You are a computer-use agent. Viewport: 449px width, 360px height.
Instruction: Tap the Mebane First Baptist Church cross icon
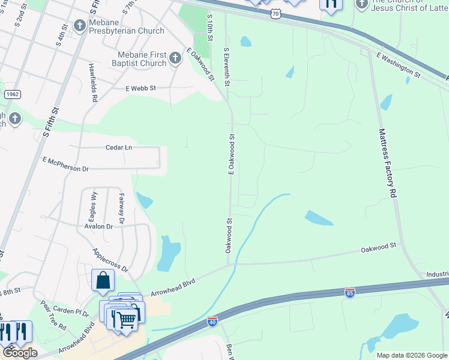pos(175,58)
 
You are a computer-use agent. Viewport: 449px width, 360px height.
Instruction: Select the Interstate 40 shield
pos(212,321)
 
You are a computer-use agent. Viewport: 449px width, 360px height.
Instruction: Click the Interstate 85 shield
pos(350,292)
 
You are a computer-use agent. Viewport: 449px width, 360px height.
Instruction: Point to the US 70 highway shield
pos(275,13)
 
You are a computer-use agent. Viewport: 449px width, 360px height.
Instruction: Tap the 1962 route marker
pos(12,95)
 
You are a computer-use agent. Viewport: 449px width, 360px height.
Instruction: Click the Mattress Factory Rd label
pos(387,162)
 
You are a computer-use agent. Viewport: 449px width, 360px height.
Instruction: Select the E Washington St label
pos(399,65)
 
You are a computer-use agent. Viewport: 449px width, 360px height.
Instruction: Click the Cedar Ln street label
pos(118,147)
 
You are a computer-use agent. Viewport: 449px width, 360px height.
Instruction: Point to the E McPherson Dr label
pos(65,164)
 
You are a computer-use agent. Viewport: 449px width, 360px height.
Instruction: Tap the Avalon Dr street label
pos(99,227)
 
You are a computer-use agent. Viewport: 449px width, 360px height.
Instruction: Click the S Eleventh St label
pos(227,67)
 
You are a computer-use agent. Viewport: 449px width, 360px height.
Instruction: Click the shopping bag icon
pos(103,280)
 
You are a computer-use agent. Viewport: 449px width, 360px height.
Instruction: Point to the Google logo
pos(20,353)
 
